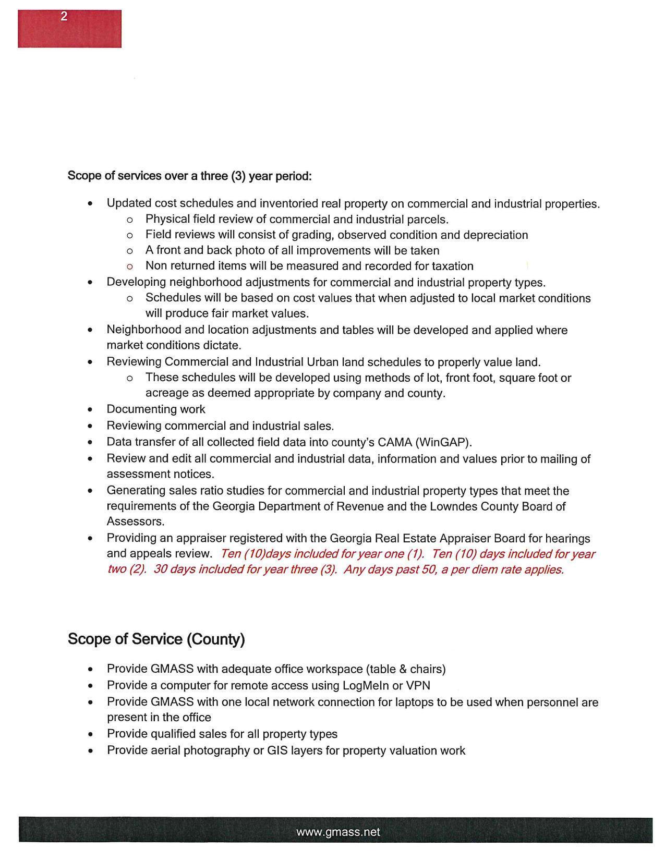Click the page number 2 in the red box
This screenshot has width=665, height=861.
64,17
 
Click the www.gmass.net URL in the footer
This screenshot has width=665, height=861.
338,832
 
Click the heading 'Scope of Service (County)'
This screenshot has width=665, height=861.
156,639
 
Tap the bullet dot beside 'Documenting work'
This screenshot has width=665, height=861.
91,410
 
